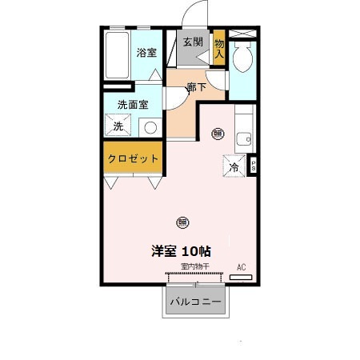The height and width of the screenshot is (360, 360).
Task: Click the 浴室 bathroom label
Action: pos(146,53)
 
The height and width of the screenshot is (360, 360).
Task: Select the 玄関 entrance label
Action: pos(192,42)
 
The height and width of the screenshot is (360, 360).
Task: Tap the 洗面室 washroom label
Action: pos(133,104)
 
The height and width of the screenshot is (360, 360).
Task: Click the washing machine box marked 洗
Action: pos(118,126)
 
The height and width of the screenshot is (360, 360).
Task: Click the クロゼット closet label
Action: pos(134,158)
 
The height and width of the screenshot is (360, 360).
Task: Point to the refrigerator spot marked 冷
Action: pos(234,167)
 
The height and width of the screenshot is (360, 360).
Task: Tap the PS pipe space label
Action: pos(254,166)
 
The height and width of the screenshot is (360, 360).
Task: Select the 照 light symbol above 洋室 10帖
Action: pos(182,222)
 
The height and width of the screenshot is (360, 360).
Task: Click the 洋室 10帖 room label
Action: pos(182,250)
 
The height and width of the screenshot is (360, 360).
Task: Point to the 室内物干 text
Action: pos(194,266)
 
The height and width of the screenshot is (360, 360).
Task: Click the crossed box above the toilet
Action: pos(241,34)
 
